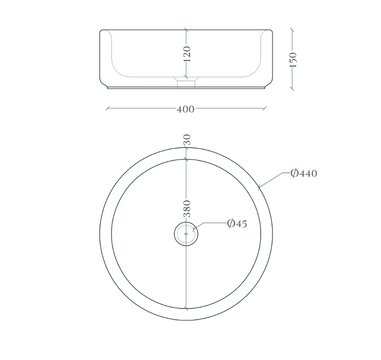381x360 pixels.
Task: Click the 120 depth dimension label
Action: [x=187, y=54]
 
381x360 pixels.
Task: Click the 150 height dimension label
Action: [x=293, y=60]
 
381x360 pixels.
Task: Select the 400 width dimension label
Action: [x=185, y=109]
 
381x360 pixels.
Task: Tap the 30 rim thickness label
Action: [x=187, y=140]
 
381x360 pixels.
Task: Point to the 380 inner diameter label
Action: [x=187, y=209]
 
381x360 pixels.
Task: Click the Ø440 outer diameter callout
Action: [x=304, y=173]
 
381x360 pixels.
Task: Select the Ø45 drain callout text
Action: [x=237, y=223]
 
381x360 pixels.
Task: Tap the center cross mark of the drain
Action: [x=186, y=234]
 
